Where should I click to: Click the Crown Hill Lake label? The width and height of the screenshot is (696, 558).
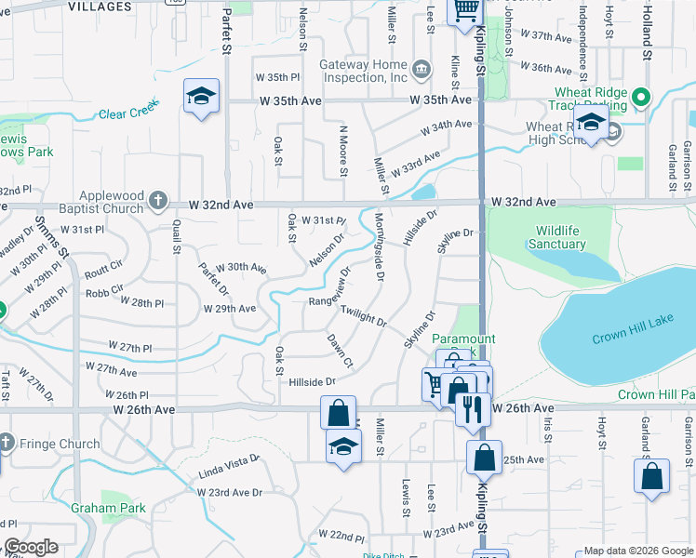tap(632, 338)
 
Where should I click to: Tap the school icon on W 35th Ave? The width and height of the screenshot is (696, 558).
tap(201, 97)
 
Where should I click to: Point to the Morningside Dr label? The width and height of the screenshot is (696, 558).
tap(379, 246)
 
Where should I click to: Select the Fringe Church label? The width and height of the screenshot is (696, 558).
tap(58, 444)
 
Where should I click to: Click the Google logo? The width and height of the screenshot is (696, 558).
tap(31, 547)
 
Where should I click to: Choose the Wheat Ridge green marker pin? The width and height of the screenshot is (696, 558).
tap(640, 97)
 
